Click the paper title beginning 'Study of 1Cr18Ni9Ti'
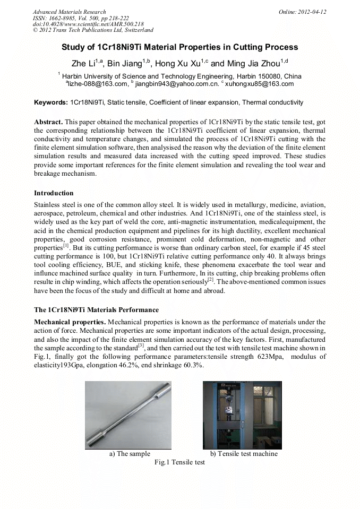click(x=179, y=47)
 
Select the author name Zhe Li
click(x=83, y=63)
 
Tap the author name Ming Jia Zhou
click(x=247, y=63)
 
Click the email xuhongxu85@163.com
click(x=259, y=84)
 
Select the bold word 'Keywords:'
click(x=50, y=102)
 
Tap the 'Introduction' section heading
click(x=54, y=193)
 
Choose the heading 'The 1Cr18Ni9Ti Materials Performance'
click(x=96, y=309)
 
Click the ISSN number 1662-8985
click(x=63, y=18)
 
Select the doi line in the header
click(x=88, y=24)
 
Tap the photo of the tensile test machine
click(x=243, y=415)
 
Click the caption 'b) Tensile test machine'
click(x=244, y=454)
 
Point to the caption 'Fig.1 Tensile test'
click(x=179, y=462)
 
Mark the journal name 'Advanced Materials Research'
click(x=69, y=12)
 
